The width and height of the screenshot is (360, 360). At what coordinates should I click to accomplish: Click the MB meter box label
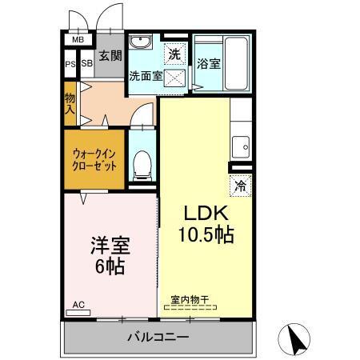click(x=78, y=39)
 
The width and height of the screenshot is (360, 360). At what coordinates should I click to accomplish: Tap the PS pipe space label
click(x=70, y=64)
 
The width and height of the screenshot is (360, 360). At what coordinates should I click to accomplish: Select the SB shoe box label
click(x=86, y=64)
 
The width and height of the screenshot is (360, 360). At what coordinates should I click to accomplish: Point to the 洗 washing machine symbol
click(x=174, y=54)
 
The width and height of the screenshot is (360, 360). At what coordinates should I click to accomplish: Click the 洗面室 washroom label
click(x=146, y=76)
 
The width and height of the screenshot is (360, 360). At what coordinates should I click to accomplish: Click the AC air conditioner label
click(x=78, y=305)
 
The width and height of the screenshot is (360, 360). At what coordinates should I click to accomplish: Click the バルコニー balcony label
click(x=158, y=337)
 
